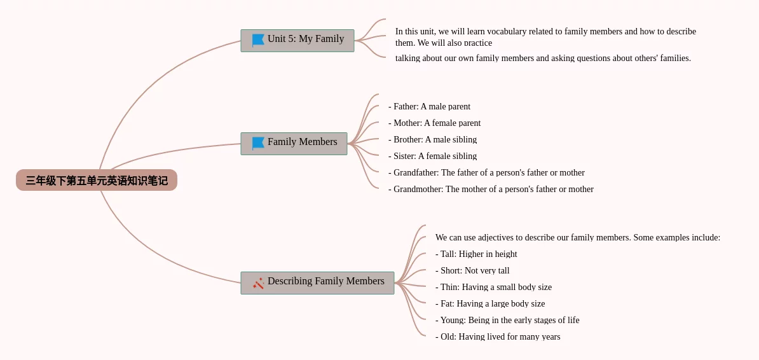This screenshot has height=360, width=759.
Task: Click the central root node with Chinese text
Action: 97,180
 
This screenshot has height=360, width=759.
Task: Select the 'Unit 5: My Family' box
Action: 297,40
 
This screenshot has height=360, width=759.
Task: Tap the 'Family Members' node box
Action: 294,143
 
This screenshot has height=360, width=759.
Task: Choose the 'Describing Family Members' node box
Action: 318,283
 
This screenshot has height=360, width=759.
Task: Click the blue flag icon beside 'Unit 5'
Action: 259,39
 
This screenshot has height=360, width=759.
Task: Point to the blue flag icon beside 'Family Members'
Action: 259,143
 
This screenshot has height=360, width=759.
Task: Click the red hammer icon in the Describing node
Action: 259,283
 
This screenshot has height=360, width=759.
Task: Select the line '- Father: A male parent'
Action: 429,107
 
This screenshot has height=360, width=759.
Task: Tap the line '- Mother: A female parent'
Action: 435,123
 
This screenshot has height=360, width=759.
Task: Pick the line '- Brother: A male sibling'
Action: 433,139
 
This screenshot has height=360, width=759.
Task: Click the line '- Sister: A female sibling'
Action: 433,156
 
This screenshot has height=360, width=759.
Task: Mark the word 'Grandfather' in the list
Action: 416,172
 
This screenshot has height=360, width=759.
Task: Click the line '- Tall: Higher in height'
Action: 476,254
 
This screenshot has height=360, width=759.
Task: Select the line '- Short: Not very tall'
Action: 472,270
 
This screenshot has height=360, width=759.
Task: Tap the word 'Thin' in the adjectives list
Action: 449,287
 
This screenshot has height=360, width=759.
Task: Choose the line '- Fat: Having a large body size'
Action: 490,303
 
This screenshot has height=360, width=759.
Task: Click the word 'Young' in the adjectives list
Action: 451,320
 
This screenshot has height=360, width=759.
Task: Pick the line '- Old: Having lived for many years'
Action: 498,336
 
